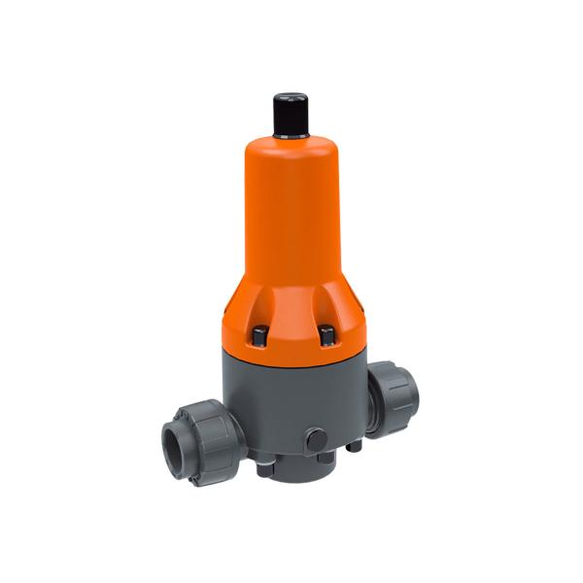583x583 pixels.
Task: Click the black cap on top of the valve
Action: tap(291, 115)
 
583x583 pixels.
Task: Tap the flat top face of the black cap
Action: tap(291, 98)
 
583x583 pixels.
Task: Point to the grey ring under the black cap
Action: tap(291, 137)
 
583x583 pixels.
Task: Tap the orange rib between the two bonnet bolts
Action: tap(294, 326)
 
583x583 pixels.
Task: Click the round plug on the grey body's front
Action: tap(316, 439)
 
